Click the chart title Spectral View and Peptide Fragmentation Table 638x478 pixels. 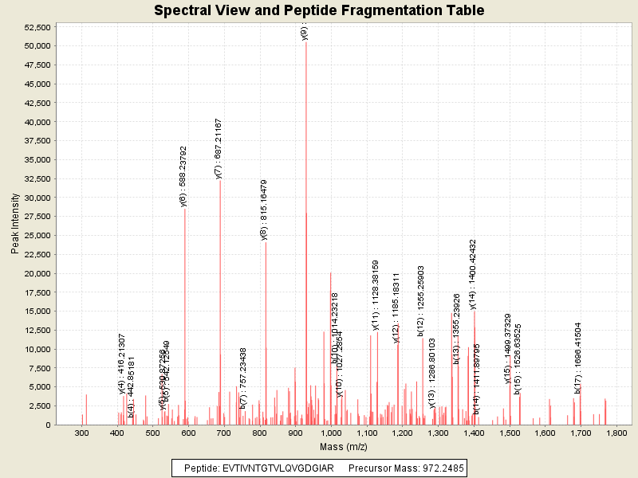[x=319, y=11]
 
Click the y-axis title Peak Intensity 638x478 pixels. [x=15, y=225]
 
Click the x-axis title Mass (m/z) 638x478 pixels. [x=345, y=448]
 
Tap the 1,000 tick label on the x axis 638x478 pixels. [x=332, y=433]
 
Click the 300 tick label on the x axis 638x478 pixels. [x=81, y=433]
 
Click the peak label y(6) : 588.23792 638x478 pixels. [x=183, y=176]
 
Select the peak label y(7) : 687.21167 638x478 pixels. [x=219, y=148]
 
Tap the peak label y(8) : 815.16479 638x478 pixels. [x=264, y=209]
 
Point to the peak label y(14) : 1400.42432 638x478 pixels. [x=473, y=273]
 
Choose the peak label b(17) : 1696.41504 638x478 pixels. [x=578, y=358]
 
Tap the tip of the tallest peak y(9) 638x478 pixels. [x=306, y=42]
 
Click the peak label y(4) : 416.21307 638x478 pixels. [x=122, y=363]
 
